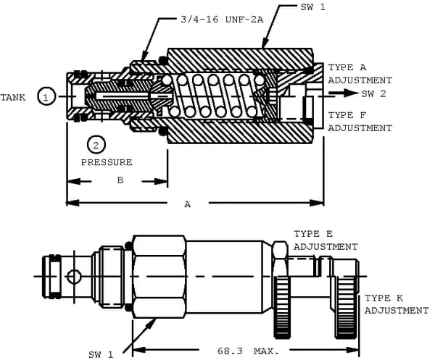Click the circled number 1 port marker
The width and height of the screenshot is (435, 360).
[x=46, y=96]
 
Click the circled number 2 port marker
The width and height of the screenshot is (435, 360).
[x=94, y=145]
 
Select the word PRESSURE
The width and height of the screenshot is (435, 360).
[x=107, y=162]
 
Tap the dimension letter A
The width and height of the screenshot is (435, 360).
[x=187, y=204]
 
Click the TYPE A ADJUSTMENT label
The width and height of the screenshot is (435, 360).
[x=360, y=74]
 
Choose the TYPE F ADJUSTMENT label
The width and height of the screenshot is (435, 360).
[x=360, y=121]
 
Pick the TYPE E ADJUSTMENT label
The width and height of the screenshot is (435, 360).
[x=326, y=240]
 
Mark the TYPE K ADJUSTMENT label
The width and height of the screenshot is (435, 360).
[x=396, y=304]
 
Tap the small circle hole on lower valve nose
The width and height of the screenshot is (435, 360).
[x=74, y=276]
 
